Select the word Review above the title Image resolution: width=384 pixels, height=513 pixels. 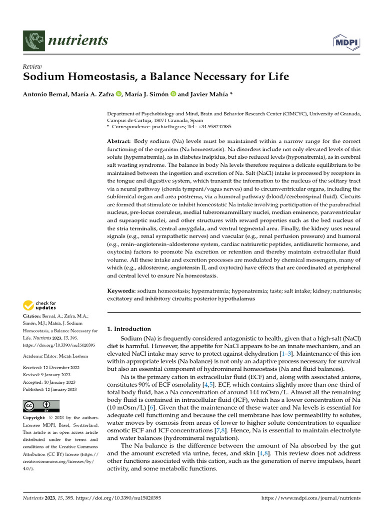[32, 67]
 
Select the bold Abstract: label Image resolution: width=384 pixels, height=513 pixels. [119, 142]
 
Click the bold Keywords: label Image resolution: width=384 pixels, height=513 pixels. [121, 291]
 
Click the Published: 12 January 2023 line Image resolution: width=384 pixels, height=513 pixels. [50, 389]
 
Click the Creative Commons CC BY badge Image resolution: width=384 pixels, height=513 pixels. [41, 406]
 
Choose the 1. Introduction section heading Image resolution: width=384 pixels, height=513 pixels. [129, 329]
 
